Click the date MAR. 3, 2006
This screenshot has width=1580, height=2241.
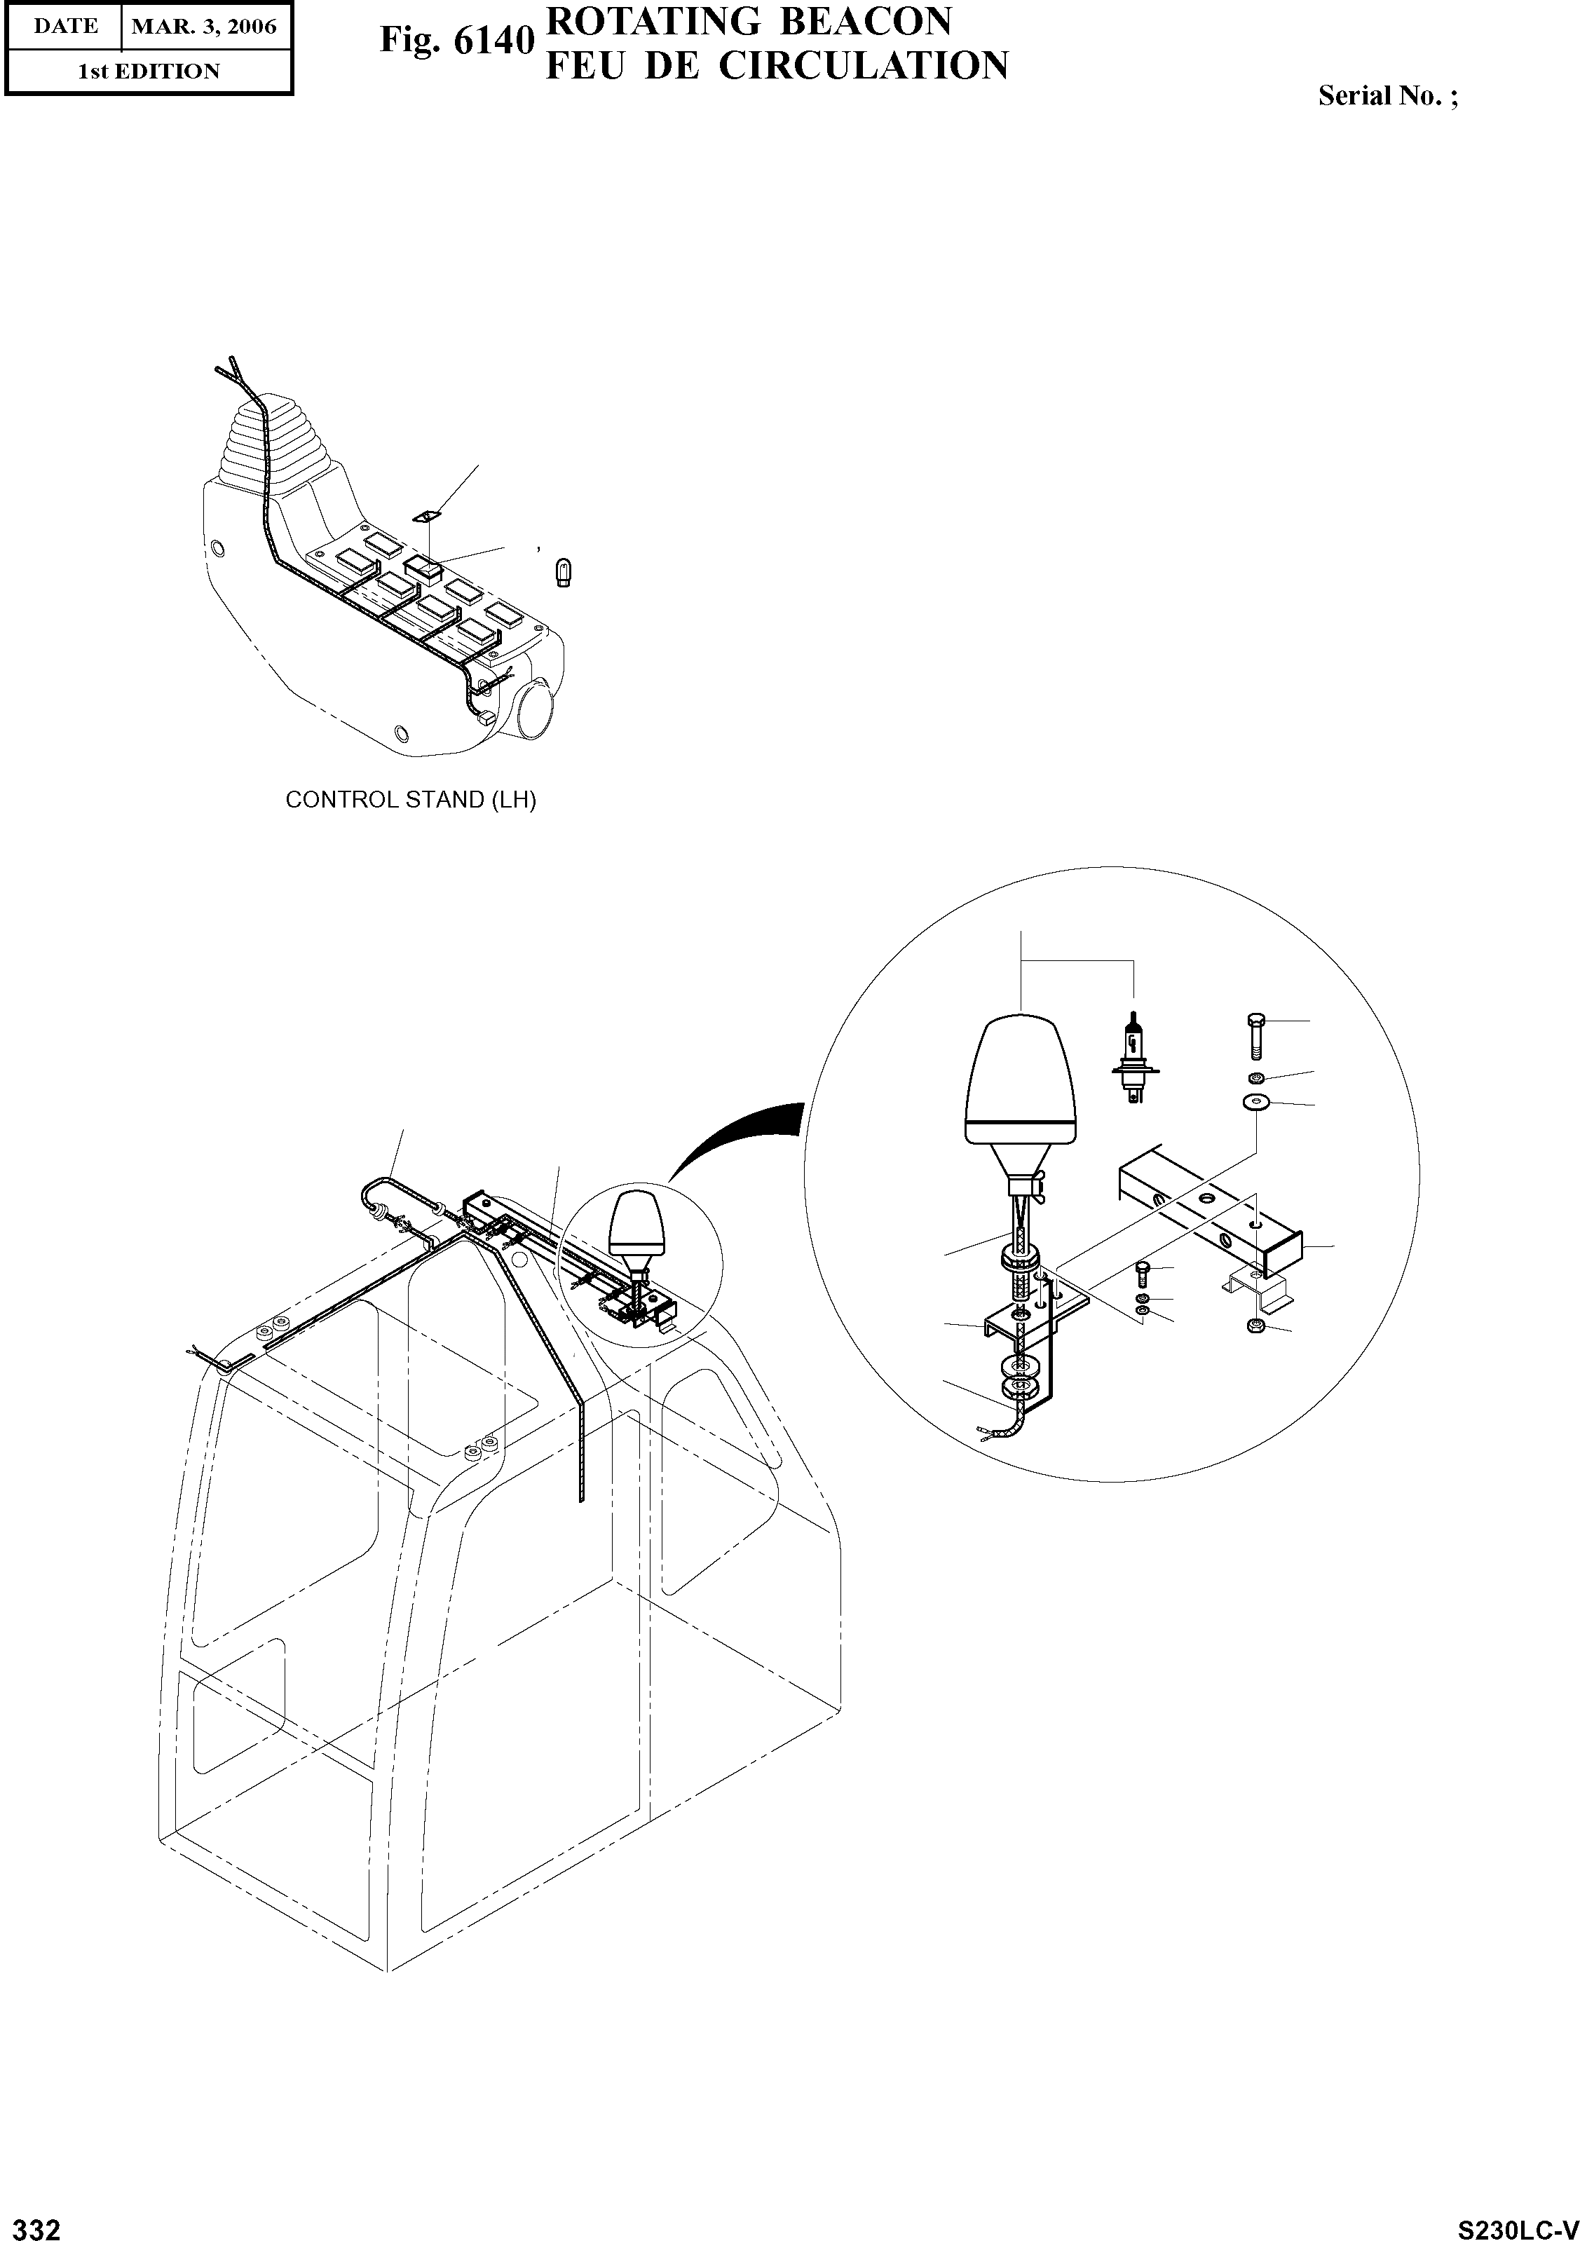(204, 27)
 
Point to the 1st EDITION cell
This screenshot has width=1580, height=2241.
(149, 71)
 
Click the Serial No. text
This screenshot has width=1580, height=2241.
(1387, 95)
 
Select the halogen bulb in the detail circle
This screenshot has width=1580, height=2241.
(1132, 1059)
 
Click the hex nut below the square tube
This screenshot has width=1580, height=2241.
(1256, 1326)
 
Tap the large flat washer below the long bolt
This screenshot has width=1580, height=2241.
(1256, 1103)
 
